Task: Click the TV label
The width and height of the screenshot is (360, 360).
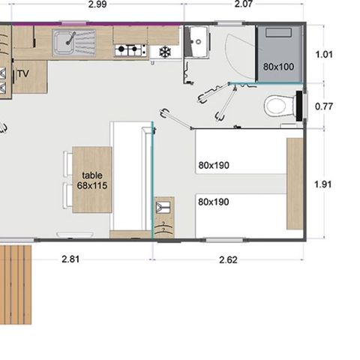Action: (22, 73)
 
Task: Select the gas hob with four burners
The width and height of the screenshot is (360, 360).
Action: (130, 51)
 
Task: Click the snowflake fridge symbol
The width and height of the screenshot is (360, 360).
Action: (163, 52)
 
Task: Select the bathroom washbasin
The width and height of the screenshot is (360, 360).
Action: (199, 40)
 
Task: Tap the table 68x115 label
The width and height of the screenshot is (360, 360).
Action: (91, 180)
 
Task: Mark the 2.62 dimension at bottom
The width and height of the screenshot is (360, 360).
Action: (229, 259)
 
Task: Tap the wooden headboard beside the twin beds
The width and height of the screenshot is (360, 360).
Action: (294, 184)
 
